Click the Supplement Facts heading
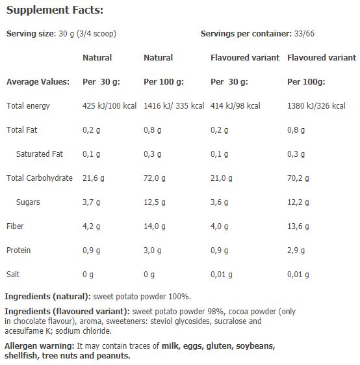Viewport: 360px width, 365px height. tap(55, 11)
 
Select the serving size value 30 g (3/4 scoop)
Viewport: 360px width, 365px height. tap(79, 34)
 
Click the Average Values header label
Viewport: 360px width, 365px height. tap(37, 82)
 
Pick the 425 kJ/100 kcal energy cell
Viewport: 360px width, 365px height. tap(109, 105)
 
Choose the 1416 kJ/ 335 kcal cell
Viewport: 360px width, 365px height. tap(174, 105)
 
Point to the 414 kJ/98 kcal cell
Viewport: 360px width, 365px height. tap(235, 105)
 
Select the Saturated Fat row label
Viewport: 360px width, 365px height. tap(39, 154)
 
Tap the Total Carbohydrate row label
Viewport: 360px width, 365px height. tap(39, 178)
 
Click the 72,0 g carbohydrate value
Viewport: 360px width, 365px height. tap(155, 178)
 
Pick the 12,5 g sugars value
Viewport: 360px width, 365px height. tap(155, 202)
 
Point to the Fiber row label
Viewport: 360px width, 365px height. tap(15, 226)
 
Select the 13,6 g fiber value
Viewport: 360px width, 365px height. tap(298, 226)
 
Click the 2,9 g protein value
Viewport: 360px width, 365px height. tap(296, 250)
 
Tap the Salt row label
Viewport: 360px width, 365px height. tap(13, 275)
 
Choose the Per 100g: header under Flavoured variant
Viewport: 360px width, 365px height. tap(306, 82)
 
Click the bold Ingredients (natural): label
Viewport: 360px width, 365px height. tap(49, 296)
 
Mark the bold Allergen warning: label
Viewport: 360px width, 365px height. tap(39, 346)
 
